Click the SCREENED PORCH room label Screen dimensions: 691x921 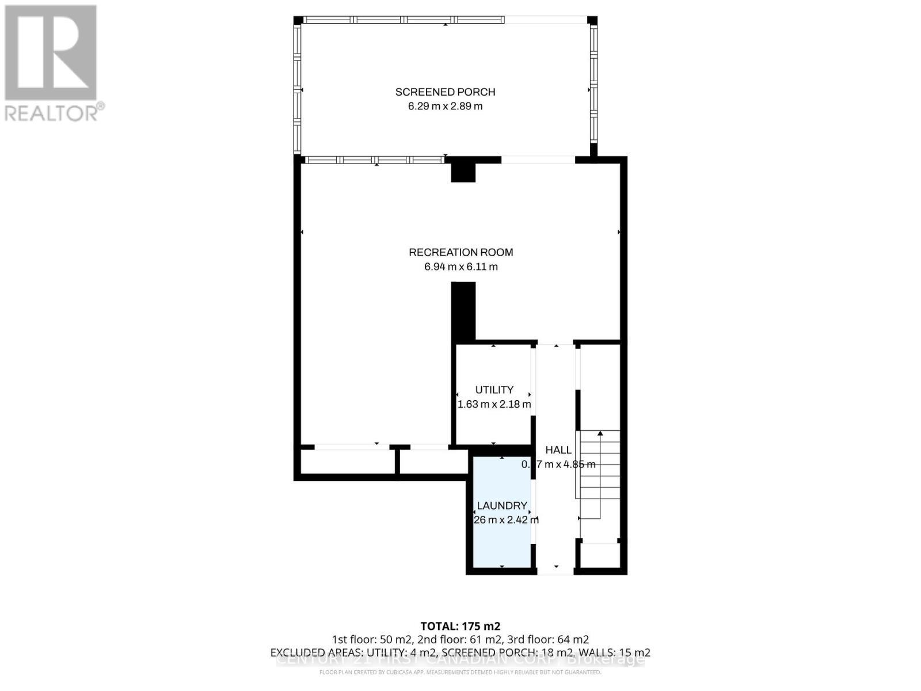[x=445, y=92]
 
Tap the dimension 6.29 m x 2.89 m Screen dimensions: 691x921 [x=445, y=107]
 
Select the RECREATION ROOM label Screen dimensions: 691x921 [x=461, y=252]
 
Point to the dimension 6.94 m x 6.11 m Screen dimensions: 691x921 [x=461, y=267]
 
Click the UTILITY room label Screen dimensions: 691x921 [x=494, y=390]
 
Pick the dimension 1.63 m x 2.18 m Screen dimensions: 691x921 [x=494, y=404]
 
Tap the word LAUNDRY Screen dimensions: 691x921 [x=502, y=506]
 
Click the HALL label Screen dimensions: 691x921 [x=558, y=450]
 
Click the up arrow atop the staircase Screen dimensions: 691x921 [x=600, y=433]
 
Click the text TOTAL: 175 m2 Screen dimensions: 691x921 [x=461, y=626]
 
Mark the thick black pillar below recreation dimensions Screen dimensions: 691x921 [x=463, y=311]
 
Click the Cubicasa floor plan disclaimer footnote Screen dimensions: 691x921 [x=461, y=672]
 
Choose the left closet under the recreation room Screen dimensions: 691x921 [x=347, y=461]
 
